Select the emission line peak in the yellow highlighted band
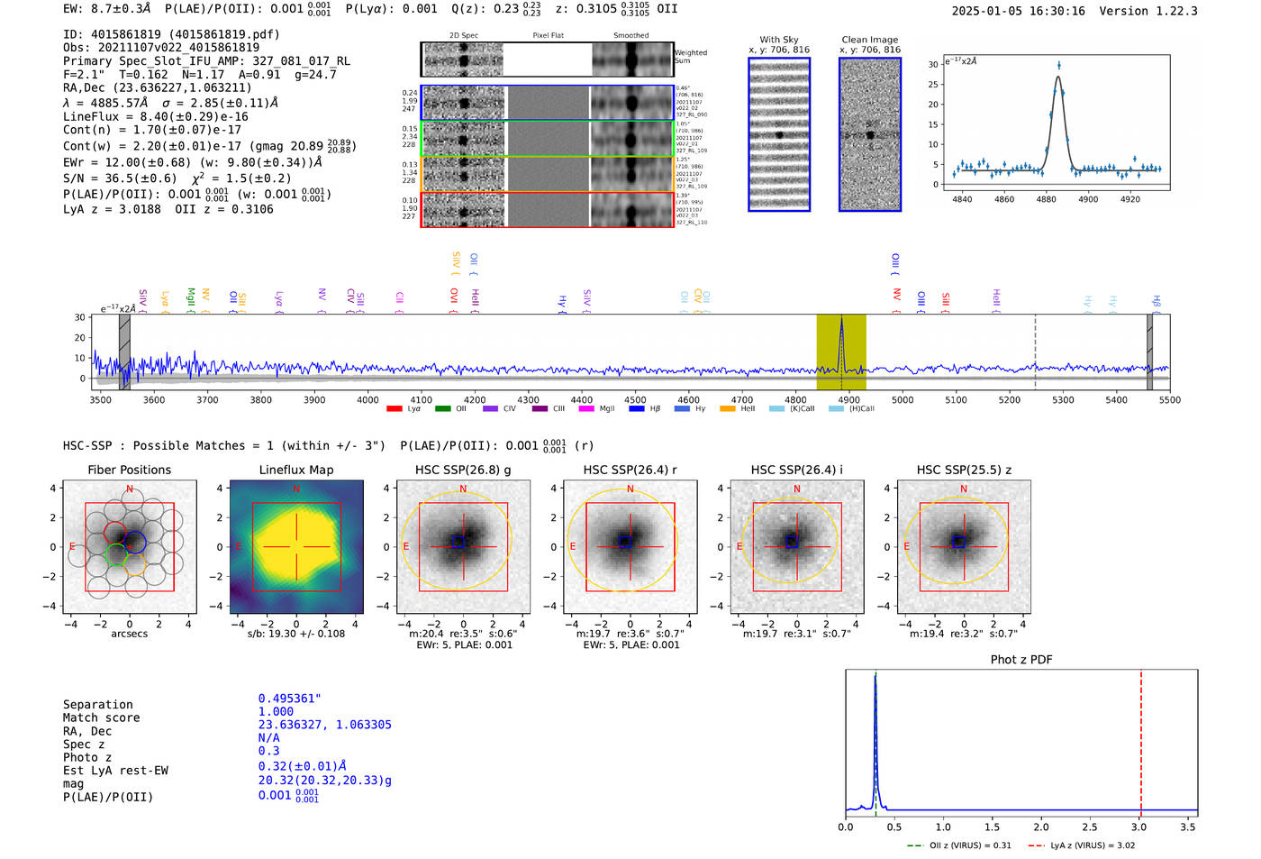[841, 321]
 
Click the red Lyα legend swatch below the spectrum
[395, 408]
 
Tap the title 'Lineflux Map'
[296, 470]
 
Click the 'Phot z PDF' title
[1021, 659]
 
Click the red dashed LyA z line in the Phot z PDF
[1141, 739]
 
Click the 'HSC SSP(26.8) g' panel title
[463, 470]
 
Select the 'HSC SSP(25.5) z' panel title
[964, 470]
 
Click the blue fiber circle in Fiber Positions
[135, 543]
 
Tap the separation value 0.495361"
[289, 699]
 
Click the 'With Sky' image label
[778, 40]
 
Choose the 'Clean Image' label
[869, 40]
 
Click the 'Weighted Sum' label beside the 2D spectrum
[690, 57]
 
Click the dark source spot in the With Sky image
[779, 135]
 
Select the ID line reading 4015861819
[171, 34]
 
